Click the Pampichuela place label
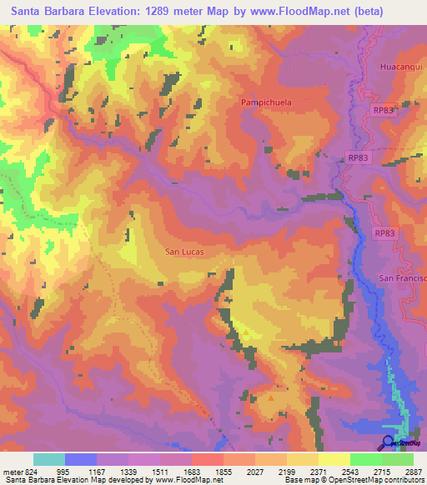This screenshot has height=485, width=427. pos(269,101)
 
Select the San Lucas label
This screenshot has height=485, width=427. pos(184,251)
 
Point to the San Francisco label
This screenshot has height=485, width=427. pos(403,277)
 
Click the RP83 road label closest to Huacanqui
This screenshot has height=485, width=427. pos(383,109)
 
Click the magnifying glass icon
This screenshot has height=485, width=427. pos(389,442)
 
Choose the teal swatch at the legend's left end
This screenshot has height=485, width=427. pos(49,459)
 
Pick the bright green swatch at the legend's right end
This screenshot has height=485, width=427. pos(398,459)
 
